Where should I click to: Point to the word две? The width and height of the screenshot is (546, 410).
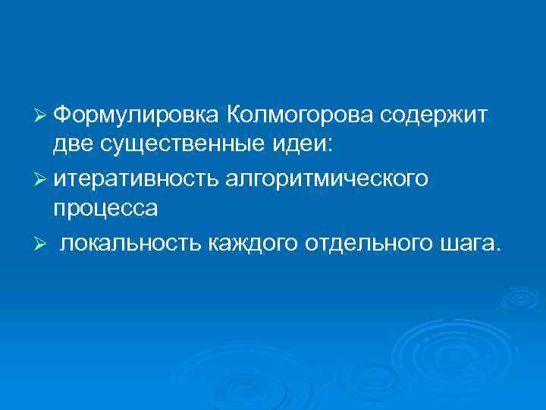(x=72, y=144)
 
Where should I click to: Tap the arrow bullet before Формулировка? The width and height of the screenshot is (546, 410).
(x=41, y=116)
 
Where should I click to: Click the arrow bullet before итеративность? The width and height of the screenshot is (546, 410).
(x=41, y=179)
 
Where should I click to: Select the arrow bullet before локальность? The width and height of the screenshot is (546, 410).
(x=41, y=242)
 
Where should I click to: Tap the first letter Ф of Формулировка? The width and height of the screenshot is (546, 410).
(x=63, y=115)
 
